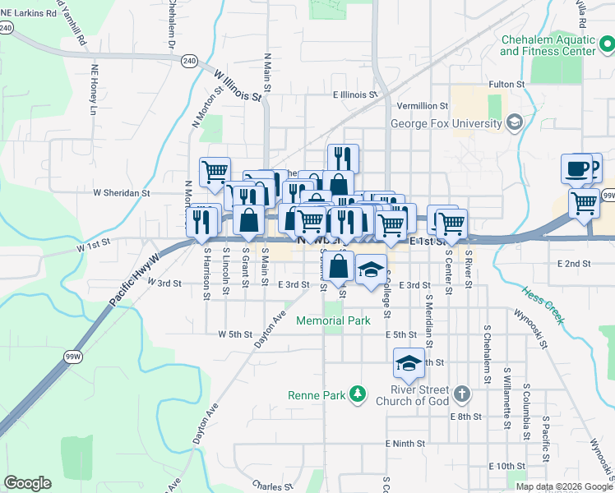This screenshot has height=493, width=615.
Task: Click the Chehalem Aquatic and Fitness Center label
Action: (x=548, y=45)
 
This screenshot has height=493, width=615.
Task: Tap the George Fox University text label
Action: (x=446, y=124)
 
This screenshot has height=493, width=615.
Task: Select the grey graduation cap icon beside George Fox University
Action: (x=515, y=123)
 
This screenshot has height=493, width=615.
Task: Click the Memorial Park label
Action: (x=333, y=321)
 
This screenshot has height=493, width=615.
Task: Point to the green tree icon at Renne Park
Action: (x=358, y=395)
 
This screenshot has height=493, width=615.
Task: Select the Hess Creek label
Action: (x=543, y=305)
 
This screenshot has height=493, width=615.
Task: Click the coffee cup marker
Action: (x=576, y=168)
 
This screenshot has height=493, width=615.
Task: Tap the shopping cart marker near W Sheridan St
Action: (x=215, y=172)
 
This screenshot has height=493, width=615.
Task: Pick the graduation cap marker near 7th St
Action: (x=409, y=362)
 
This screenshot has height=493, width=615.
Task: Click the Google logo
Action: (x=27, y=484)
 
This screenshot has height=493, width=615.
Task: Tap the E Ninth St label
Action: (x=405, y=444)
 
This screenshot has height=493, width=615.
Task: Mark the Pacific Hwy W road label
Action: (x=133, y=285)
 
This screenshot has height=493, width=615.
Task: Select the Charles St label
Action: (x=269, y=486)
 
